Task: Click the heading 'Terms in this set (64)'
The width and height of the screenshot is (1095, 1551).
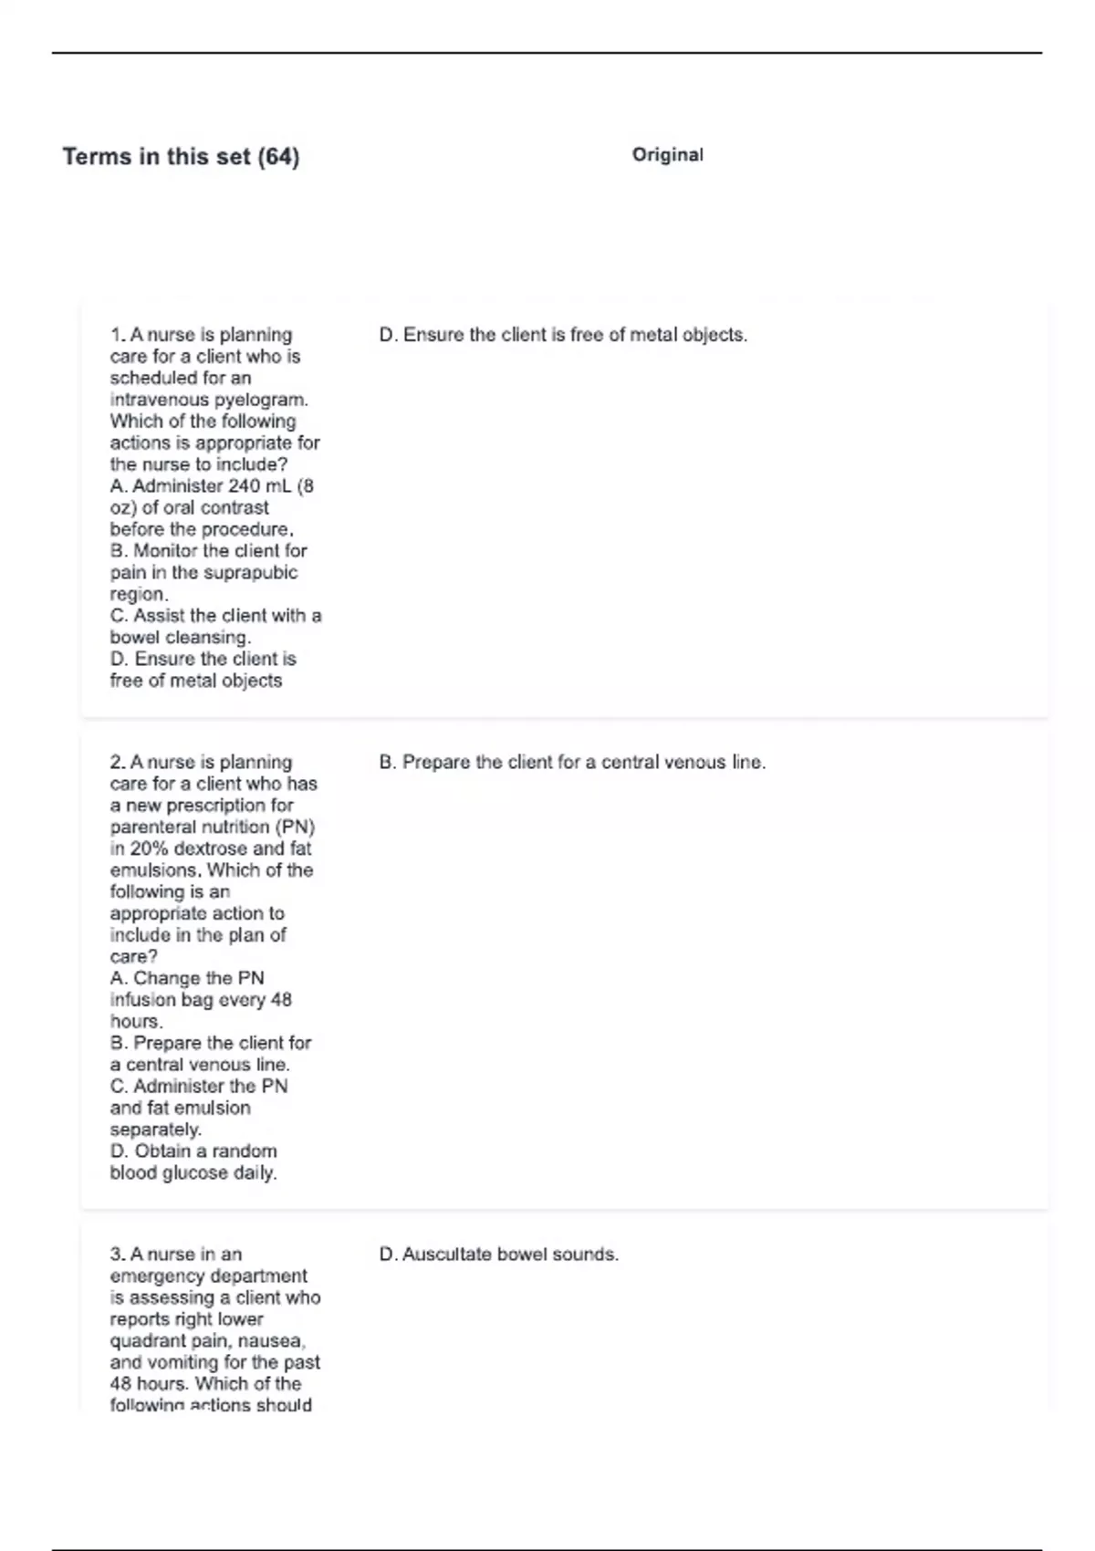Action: (181, 157)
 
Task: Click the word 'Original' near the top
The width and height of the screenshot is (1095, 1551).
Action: (667, 155)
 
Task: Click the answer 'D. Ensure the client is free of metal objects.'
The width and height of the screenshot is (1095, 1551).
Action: (563, 335)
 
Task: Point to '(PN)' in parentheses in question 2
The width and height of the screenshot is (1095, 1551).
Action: (295, 828)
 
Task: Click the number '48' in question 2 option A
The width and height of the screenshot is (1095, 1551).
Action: (281, 1000)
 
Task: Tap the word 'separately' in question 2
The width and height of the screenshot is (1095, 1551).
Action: (155, 1129)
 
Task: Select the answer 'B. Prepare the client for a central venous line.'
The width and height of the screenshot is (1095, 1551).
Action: (572, 762)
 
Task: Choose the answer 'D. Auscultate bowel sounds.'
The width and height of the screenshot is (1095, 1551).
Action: (498, 1254)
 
